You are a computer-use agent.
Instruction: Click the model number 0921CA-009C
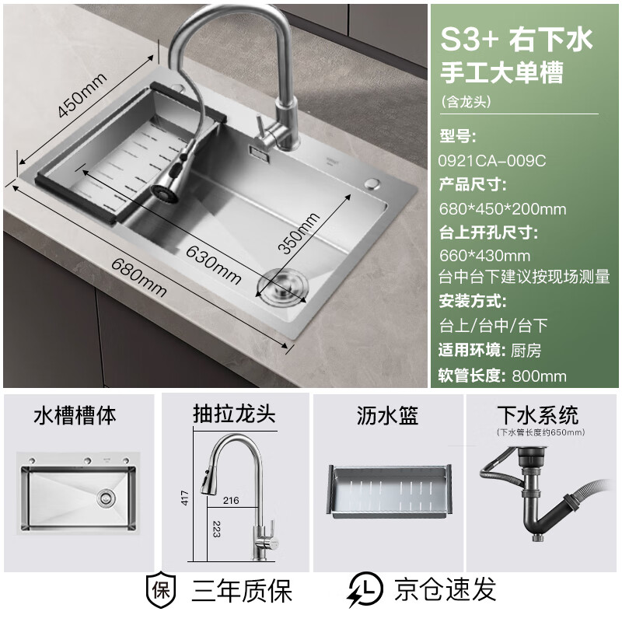click(493, 160)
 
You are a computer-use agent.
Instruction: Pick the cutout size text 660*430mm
click(485, 255)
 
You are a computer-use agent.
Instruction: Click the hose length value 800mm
click(539, 376)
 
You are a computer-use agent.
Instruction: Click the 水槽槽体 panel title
click(75, 415)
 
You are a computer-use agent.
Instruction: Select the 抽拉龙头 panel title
click(234, 415)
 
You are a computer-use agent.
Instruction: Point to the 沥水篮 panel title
click(387, 415)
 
